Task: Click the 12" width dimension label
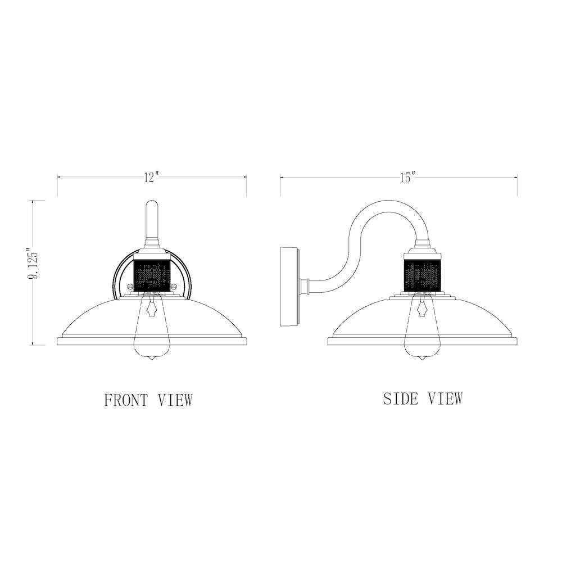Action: coord(151,177)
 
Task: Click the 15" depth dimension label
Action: coord(407,177)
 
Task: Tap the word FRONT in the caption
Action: coord(126,400)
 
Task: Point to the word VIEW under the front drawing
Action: coord(175,400)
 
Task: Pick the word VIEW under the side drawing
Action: coord(445,398)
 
